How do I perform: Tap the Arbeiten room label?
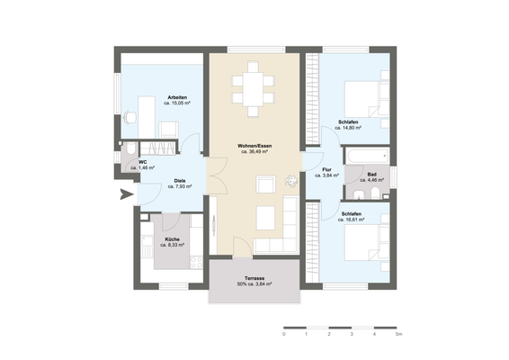(x=176, y=97)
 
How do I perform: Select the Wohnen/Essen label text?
(x=254, y=146)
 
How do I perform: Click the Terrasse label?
(x=254, y=277)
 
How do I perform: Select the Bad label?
(x=371, y=174)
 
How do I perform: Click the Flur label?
(x=329, y=169)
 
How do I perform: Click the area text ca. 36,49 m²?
(x=254, y=152)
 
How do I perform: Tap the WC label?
(x=142, y=162)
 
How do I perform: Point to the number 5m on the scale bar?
(x=397, y=334)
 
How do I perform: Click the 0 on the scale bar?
(x=283, y=334)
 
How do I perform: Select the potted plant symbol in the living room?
(x=290, y=178)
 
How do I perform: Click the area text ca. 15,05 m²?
(x=176, y=103)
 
